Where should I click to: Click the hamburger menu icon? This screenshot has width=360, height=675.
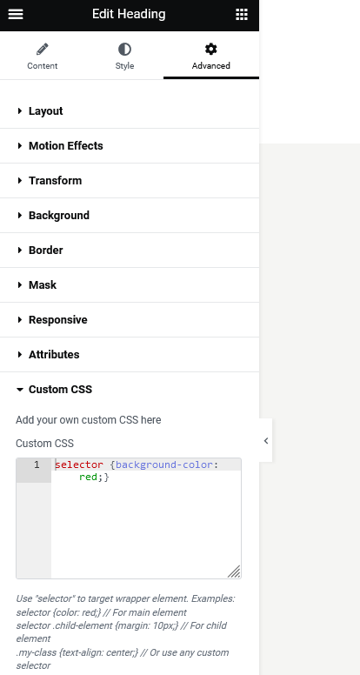coord(16,14)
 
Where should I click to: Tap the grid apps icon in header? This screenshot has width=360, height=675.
coord(242,14)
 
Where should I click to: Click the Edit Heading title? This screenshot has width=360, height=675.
coord(129,14)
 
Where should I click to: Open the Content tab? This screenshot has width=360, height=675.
coord(42,56)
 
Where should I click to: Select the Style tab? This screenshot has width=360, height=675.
coord(124,56)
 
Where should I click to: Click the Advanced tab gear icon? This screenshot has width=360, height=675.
coord(210,49)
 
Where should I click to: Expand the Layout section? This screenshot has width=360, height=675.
coord(45,111)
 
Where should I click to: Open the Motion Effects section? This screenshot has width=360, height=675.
coord(66,146)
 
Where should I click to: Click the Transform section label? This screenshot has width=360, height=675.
coord(55,181)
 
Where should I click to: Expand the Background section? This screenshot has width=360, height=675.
coord(59,216)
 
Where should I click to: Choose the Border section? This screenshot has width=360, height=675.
coord(45,251)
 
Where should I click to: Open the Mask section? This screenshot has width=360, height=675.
coord(43,285)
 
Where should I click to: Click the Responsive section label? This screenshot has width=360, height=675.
coord(58,320)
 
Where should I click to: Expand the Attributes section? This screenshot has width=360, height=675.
coord(54,355)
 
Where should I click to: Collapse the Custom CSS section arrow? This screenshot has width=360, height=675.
coord(19,390)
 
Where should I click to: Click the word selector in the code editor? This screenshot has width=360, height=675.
coord(79,464)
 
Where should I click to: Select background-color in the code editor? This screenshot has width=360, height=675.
coord(164,464)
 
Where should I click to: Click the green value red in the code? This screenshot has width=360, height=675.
coord(88,477)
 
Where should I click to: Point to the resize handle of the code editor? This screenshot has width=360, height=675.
coord(234,571)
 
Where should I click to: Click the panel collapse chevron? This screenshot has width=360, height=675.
coord(266,440)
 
